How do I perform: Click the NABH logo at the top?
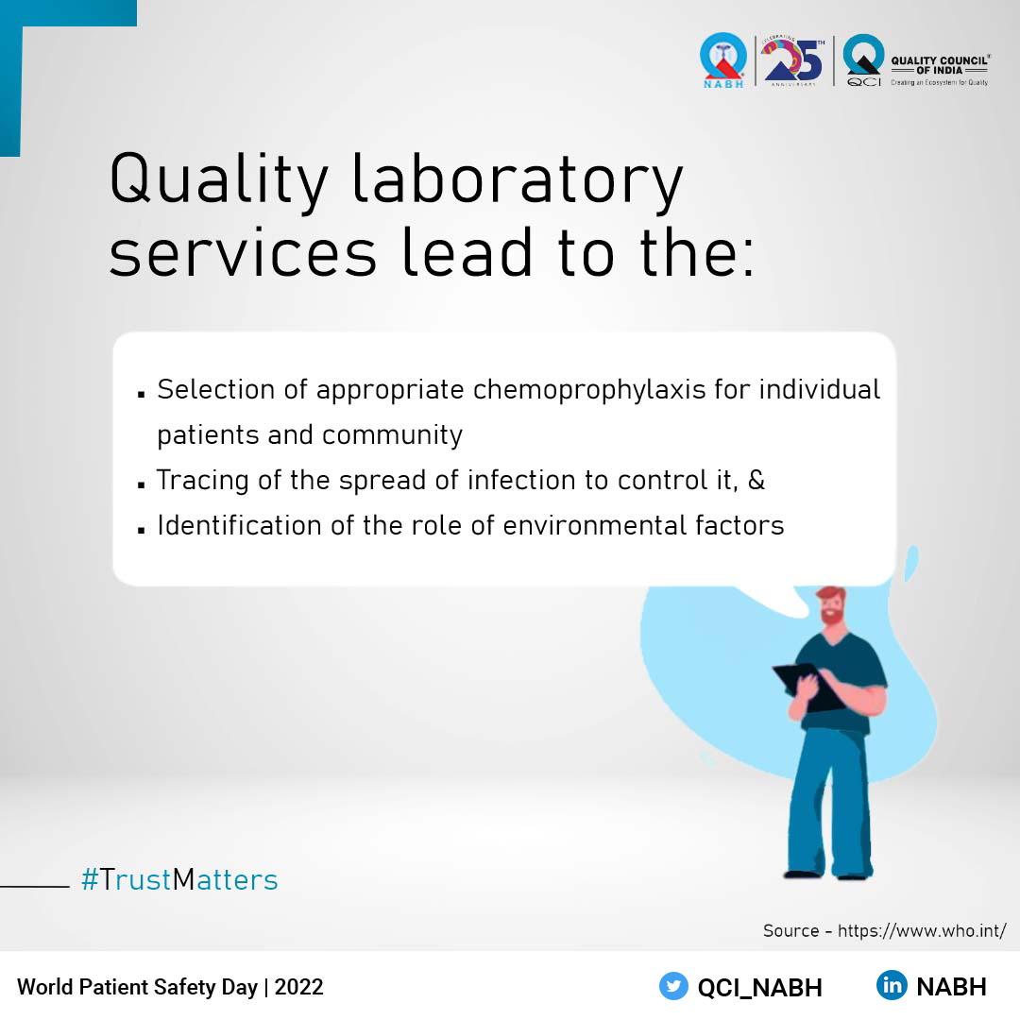722,59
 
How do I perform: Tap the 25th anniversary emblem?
793,61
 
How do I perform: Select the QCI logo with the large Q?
863,59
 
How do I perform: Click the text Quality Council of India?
939,64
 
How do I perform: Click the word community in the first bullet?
392,435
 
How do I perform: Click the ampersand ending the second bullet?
756,480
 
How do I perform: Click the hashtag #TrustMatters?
179,880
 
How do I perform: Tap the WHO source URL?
921,930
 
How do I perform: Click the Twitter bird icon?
673,986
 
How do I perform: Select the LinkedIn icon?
891,986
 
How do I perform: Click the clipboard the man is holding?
803,685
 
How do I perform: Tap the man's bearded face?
831,607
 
